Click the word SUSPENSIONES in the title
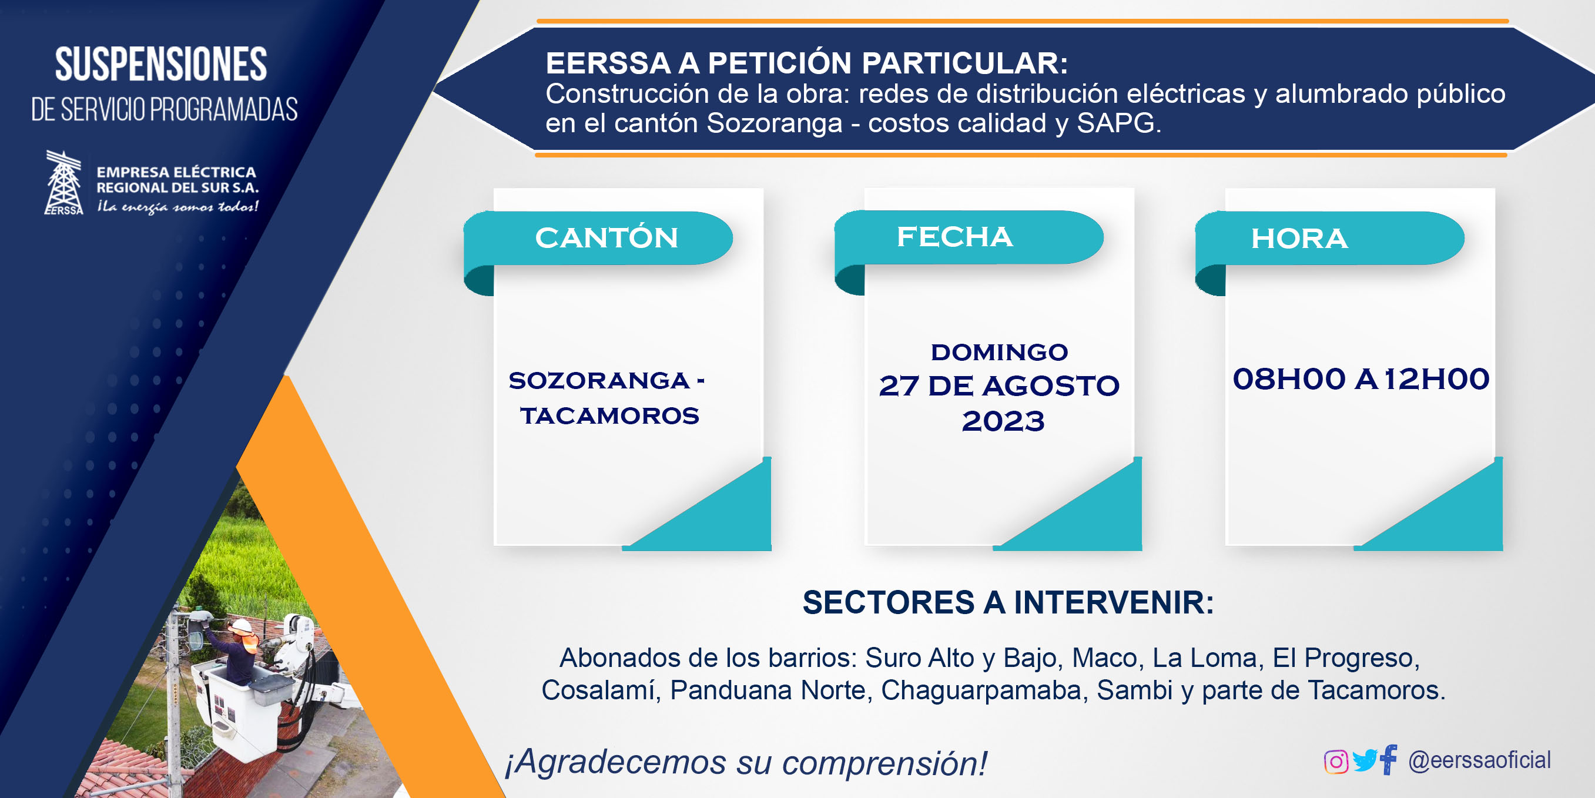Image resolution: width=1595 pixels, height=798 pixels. tap(161, 65)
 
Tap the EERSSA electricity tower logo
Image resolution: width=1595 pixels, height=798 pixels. tap(64, 183)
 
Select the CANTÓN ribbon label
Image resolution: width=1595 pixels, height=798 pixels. tap(606, 238)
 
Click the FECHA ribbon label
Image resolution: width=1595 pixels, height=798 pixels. tap(955, 236)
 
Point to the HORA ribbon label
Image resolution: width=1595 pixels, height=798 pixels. tap(1299, 239)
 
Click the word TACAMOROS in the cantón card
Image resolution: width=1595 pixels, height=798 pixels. tap(609, 415)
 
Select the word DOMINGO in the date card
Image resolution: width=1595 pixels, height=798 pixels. tap(999, 352)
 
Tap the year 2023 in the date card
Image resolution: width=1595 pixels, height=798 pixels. tap(1003, 421)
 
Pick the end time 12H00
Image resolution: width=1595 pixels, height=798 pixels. tap(1436, 379)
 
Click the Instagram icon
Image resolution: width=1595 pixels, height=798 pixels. tap(1336, 762)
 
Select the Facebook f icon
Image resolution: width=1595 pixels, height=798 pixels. tap(1388, 759)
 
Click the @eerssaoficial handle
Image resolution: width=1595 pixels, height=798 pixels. tap(1479, 760)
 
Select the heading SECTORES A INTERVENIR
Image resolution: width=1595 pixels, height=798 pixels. tap(1008, 602)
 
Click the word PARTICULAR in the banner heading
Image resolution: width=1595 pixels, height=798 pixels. tap(964, 63)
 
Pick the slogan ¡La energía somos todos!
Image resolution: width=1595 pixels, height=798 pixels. tap(177, 207)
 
